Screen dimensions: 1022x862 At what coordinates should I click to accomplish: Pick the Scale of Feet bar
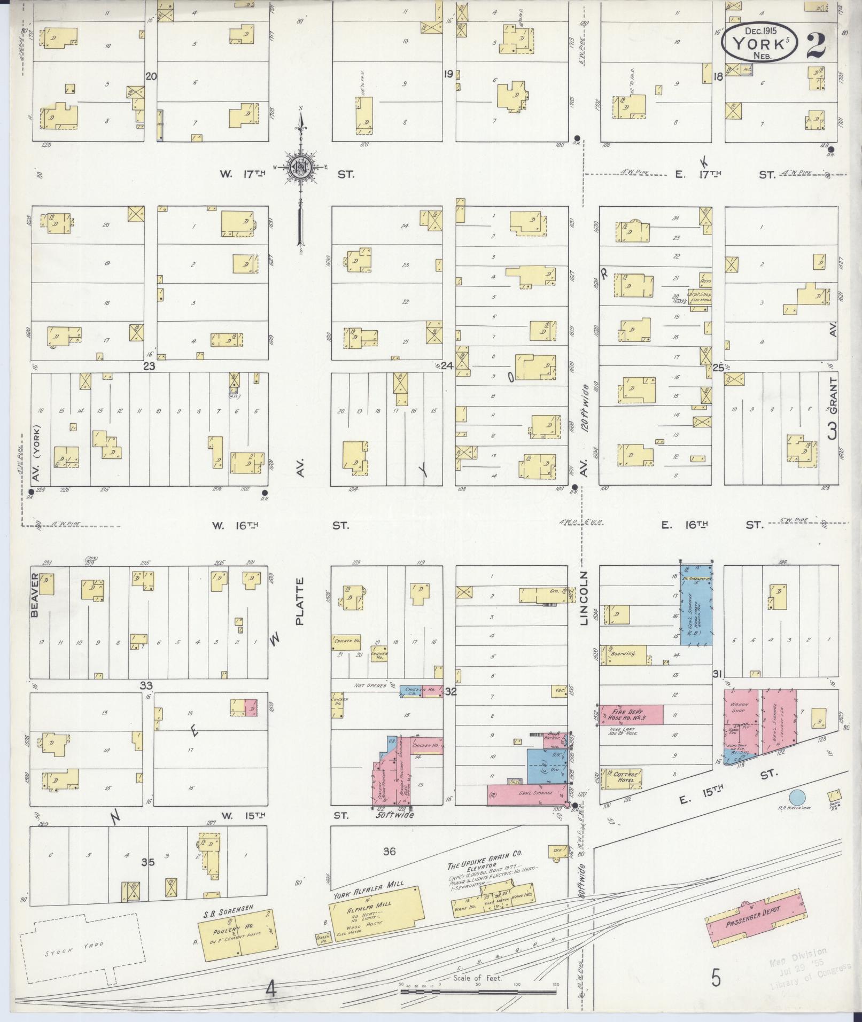[479, 991]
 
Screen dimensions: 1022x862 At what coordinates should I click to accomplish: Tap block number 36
[389, 851]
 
